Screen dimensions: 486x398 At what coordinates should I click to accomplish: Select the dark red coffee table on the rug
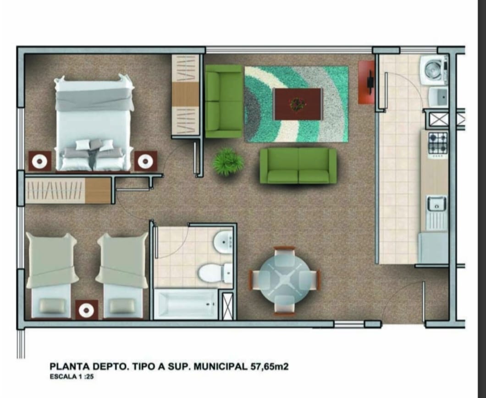[x=298, y=104]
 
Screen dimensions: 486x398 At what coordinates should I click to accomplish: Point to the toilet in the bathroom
[x=215, y=273]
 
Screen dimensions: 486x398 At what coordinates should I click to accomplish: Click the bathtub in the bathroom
[x=186, y=304]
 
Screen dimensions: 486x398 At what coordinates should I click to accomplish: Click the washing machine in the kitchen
[x=434, y=70]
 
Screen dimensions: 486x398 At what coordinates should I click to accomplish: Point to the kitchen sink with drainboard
[x=437, y=213]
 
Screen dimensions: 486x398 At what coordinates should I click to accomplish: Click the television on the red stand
[x=370, y=81]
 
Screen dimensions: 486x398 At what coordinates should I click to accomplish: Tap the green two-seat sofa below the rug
[x=298, y=166]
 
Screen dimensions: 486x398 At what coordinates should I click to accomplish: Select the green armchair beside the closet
[x=223, y=101]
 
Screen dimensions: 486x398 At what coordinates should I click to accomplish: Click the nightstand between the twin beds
[x=87, y=310]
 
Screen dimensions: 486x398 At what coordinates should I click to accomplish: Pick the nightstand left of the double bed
[x=40, y=161]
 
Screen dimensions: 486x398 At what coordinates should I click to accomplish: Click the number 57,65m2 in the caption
[x=269, y=367]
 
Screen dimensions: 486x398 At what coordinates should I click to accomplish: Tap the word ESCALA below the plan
[x=63, y=376]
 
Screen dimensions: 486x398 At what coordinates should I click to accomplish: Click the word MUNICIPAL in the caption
[x=221, y=367]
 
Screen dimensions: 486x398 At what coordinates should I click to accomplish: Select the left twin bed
[x=51, y=275]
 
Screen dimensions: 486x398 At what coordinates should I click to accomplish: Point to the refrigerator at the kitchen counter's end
[x=433, y=248]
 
